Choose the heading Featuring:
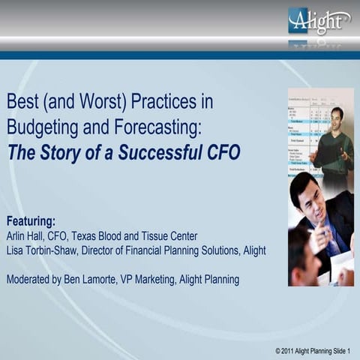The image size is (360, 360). pos(31,221)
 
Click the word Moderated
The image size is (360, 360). pos(34,280)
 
